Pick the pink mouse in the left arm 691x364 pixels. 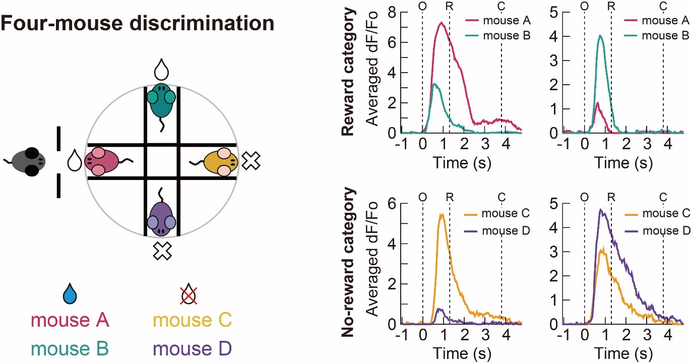coord(104,161)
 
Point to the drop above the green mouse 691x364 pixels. coord(162,70)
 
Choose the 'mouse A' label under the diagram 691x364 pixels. coord(70,321)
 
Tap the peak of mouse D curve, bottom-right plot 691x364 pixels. coord(600,209)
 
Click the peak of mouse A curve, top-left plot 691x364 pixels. coord(442,23)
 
